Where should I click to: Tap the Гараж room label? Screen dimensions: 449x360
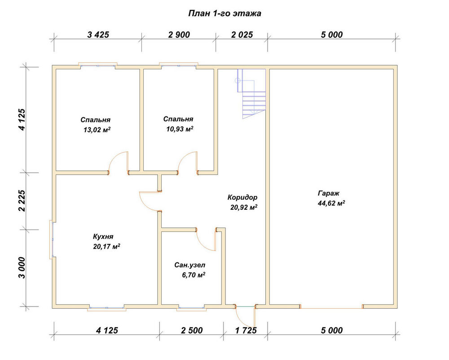coord(329,193)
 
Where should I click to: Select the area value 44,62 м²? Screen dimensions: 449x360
coord(331,203)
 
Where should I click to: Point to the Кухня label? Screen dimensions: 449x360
coord(103,237)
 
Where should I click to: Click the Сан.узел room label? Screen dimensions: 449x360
coord(190,266)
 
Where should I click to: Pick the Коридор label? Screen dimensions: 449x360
coord(242,197)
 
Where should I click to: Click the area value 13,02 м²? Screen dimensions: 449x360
coord(97,130)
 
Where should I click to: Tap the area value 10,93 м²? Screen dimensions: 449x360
coord(180,129)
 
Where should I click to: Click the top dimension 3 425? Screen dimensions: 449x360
coord(98,35)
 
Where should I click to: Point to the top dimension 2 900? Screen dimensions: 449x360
coord(179,35)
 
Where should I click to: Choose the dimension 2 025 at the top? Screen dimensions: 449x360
coord(242,35)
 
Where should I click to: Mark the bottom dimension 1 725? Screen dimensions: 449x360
coord(246,330)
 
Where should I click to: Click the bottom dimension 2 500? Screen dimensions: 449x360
coord(192,330)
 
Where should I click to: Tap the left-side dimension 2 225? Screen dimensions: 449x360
coord(22,200)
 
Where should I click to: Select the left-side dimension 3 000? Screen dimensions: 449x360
coord(22,267)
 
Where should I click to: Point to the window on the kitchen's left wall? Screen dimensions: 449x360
coord(52,240)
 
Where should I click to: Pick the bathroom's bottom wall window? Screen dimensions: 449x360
coord(191,309)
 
